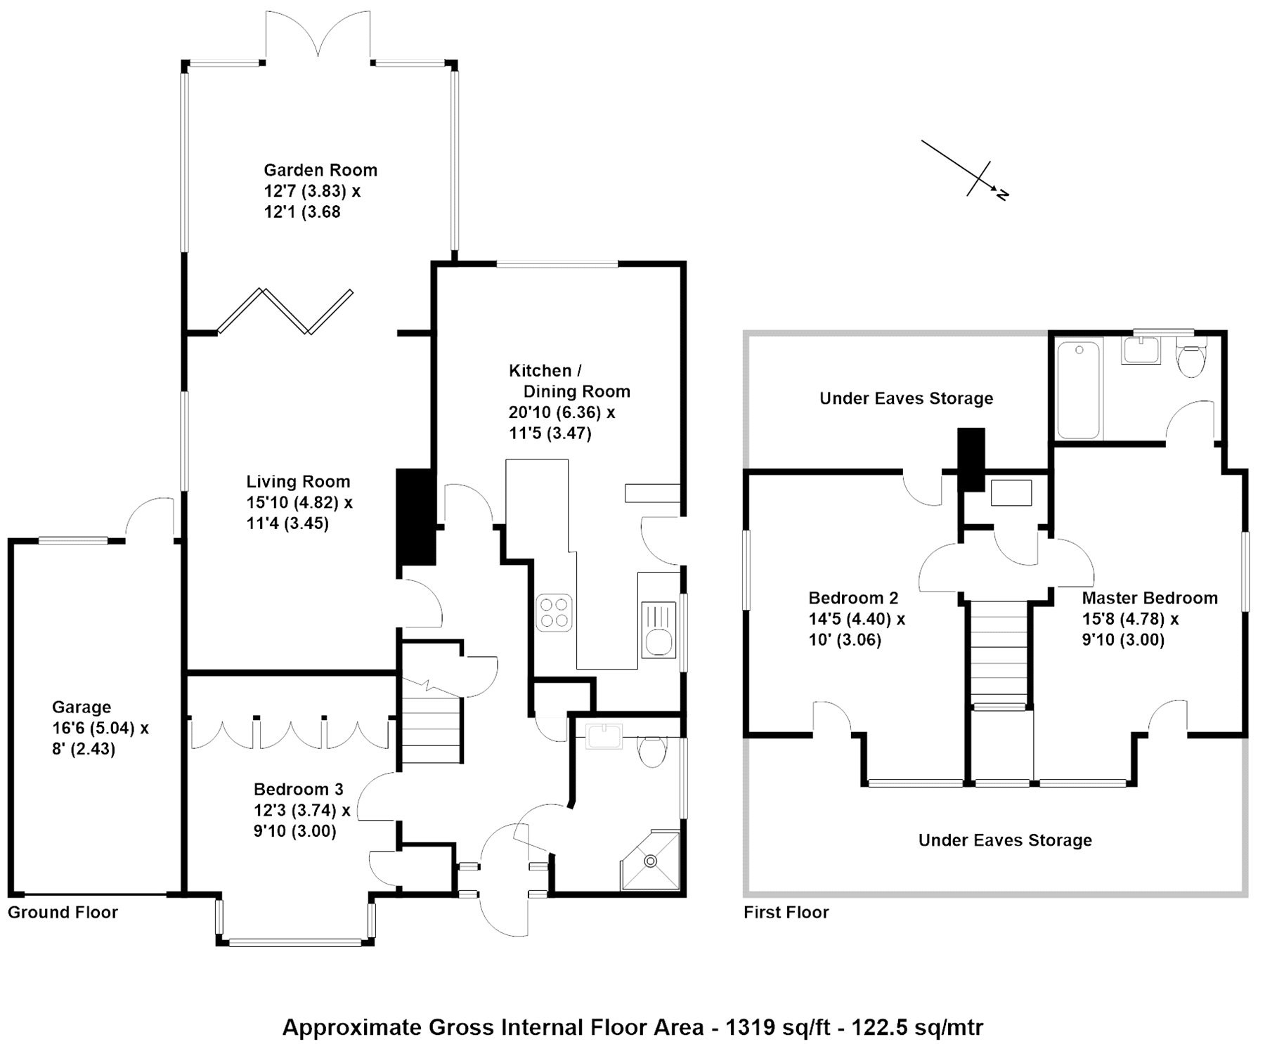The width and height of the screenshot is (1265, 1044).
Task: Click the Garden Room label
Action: click(x=320, y=170)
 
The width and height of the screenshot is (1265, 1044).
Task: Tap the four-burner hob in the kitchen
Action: click(x=554, y=613)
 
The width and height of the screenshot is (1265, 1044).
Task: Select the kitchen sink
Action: click(x=659, y=629)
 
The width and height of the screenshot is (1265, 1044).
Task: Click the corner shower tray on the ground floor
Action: click(x=650, y=861)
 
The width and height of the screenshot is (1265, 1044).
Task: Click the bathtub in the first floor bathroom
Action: click(x=1079, y=390)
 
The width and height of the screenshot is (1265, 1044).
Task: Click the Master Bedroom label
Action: click(x=1150, y=598)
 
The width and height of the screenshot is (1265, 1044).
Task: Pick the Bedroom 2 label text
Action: click(x=853, y=598)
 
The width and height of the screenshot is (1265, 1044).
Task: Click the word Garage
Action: click(x=82, y=707)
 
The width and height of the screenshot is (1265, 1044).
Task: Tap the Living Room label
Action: click(x=298, y=482)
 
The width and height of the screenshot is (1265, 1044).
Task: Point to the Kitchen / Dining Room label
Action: click(x=569, y=381)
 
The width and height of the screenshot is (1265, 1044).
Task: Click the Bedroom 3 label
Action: click(x=299, y=789)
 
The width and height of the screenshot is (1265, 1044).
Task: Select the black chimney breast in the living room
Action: click(x=416, y=517)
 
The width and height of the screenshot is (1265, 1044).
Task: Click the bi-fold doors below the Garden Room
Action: click(x=285, y=311)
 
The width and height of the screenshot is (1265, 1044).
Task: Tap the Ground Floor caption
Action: click(x=63, y=913)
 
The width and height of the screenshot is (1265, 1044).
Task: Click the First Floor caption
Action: click(x=786, y=913)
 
